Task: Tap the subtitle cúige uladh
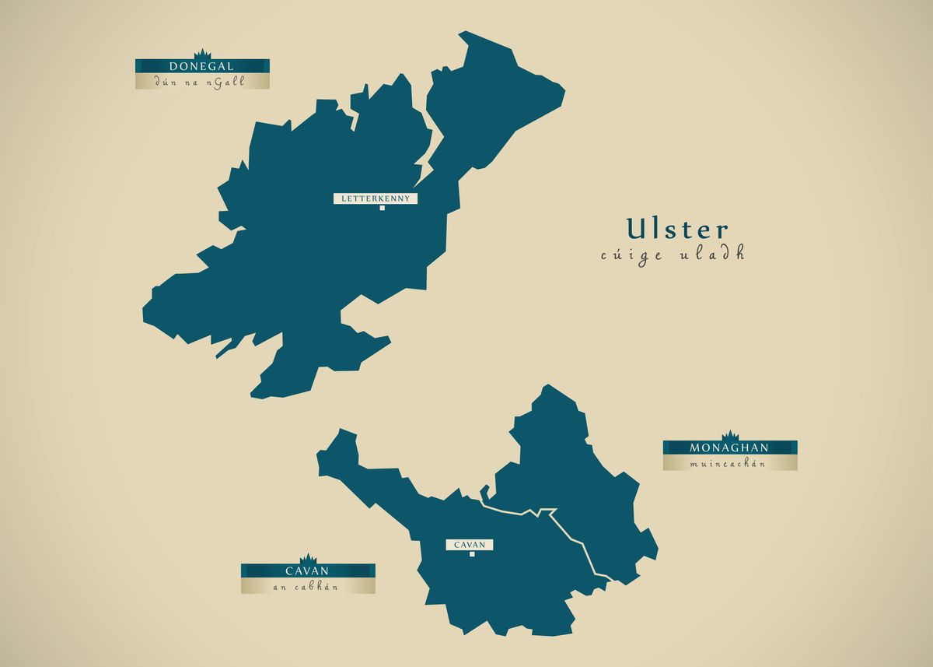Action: pos(673,255)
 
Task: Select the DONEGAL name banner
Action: pos(202,66)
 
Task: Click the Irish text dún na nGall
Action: pos(202,82)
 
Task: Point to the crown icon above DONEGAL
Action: pos(202,53)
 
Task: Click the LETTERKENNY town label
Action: pos(376,198)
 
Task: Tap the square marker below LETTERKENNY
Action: pos(382,208)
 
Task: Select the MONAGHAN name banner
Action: pos(729,448)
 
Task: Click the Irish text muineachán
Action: pos(729,464)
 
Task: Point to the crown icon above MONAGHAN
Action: pos(729,435)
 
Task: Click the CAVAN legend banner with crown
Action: pos(308,570)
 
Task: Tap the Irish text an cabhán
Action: pos(308,587)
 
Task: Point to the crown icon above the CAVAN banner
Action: pos(308,558)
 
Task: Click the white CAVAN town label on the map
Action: pos(470,545)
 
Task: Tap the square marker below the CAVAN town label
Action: pos(471,554)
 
